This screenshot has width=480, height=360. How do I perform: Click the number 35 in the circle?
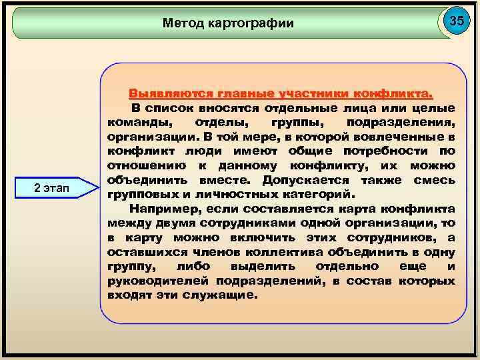pos(456,21)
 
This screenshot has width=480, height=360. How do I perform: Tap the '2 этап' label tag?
pos(56,189)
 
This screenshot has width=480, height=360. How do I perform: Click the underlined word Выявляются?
pos(169,93)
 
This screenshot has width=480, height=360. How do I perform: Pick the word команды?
pos(138,122)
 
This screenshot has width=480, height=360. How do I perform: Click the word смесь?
pos(434,181)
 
